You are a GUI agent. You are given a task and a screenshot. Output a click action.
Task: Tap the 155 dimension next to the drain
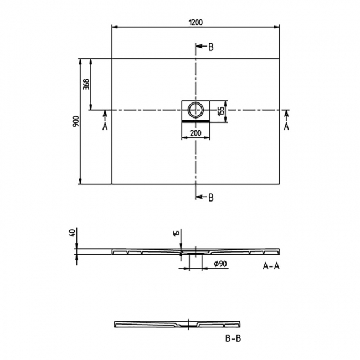pos(220,110)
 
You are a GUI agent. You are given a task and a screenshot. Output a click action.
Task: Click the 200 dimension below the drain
pos(196,133)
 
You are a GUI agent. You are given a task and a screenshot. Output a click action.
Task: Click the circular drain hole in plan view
pos(196,110)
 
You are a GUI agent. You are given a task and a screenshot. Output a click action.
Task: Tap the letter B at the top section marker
pos(210,47)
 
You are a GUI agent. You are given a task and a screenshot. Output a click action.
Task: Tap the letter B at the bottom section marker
pos(210,198)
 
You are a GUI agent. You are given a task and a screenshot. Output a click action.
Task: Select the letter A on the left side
pos(105,126)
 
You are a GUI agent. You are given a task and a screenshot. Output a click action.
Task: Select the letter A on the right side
pos(286,126)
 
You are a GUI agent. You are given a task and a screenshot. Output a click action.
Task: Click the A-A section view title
pos(271,266)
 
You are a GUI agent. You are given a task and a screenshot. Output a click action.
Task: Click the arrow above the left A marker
pos(105,115)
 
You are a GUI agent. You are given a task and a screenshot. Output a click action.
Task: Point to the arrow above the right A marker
pos(286,115)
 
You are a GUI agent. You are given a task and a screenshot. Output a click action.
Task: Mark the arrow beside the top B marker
pos(200,47)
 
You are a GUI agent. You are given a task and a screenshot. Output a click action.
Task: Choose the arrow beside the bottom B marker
pos(200,197)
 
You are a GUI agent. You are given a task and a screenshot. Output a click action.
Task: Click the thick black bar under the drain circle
pos(196,119)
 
